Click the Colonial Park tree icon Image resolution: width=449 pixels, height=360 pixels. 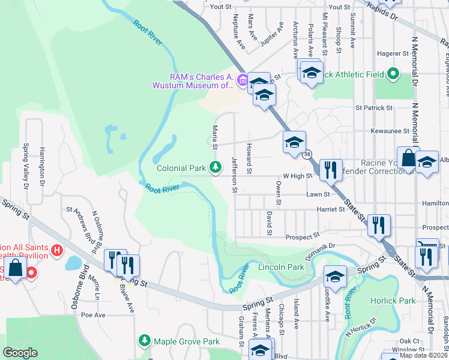tap(215, 167)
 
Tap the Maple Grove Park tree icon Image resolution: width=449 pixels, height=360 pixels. tap(144, 341)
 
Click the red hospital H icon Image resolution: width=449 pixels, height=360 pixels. tap(58, 249)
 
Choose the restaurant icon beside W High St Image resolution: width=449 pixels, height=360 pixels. tap(331, 170)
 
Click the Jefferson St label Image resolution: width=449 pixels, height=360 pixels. tap(235, 175)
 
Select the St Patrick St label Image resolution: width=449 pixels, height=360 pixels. tap(373, 108)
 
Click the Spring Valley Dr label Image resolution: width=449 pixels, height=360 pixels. tap(26, 165)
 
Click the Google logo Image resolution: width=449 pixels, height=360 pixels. tap(20, 353)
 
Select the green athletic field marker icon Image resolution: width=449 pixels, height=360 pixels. tap(393, 74)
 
